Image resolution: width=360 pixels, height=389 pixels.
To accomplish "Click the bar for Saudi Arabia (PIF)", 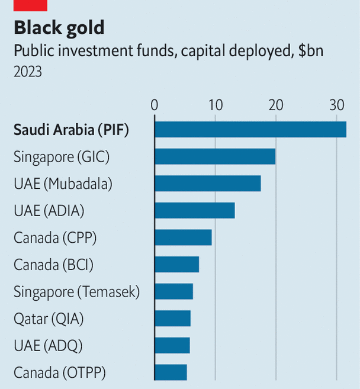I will point(250,129).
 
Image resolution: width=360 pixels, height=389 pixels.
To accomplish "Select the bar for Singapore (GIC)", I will point(215,156).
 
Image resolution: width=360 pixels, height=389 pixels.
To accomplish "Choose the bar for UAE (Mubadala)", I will point(207,184).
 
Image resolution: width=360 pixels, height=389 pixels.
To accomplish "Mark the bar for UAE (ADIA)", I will point(194,210).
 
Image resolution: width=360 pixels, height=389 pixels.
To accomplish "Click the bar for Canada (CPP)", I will point(183,237).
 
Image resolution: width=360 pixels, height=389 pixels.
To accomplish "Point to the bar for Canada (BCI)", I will point(176,264).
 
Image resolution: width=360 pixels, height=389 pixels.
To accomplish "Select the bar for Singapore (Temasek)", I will point(173,291).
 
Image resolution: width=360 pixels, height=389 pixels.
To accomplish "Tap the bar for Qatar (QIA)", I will point(172,319).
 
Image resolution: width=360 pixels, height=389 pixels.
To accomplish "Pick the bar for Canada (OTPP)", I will point(171,372).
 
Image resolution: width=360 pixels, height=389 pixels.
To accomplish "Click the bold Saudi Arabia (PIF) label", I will point(71,130).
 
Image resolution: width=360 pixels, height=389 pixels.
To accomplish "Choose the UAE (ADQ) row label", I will point(48,345).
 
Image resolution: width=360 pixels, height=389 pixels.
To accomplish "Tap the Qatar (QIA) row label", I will point(49,319).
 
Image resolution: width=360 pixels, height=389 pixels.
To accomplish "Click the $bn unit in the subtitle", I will point(311,51).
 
